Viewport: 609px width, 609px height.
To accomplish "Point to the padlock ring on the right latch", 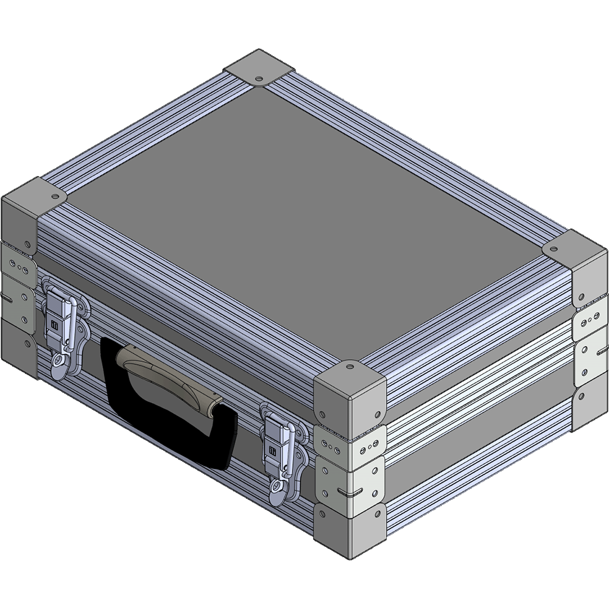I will (277, 487).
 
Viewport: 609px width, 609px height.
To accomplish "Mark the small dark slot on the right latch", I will (272, 451).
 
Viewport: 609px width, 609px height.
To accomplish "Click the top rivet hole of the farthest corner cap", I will (259, 79).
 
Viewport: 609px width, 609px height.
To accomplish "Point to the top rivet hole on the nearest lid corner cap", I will (349, 367).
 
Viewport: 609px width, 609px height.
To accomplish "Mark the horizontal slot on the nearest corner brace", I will (347, 491).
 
